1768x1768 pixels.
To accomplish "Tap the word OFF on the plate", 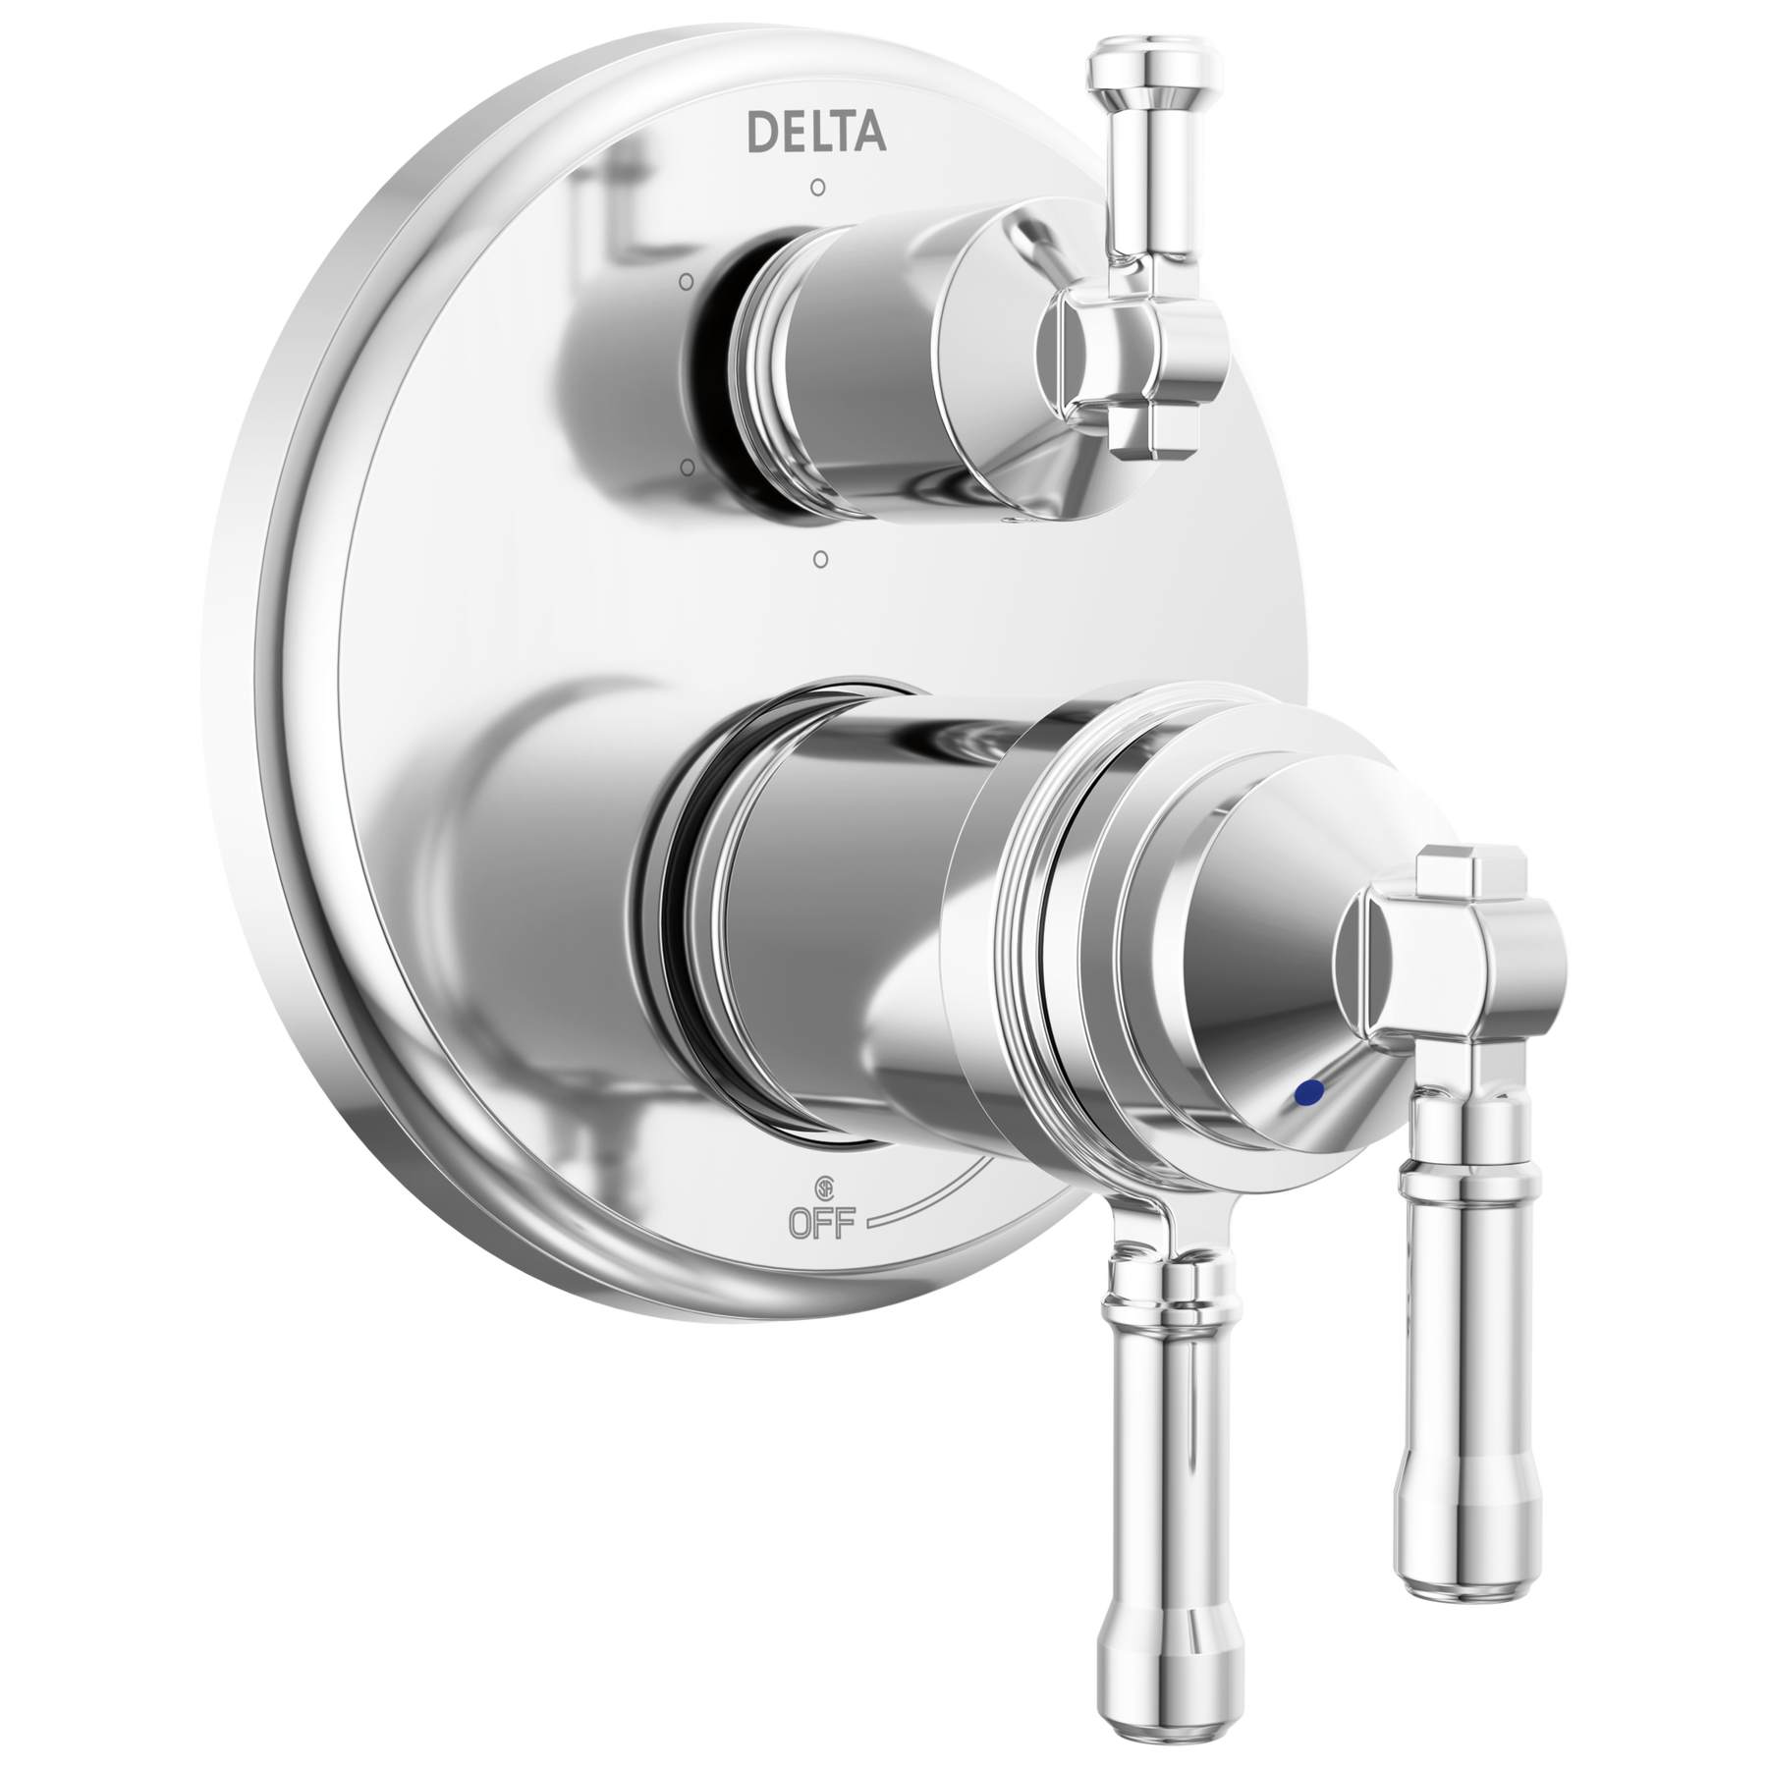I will pyautogui.click(x=826, y=1221).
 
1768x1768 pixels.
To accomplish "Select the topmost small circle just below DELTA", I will pyautogui.click(x=817, y=185).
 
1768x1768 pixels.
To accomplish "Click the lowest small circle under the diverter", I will pyautogui.click(x=821, y=559).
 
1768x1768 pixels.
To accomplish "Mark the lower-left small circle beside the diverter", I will pyautogui.click(x=689, y=465).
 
